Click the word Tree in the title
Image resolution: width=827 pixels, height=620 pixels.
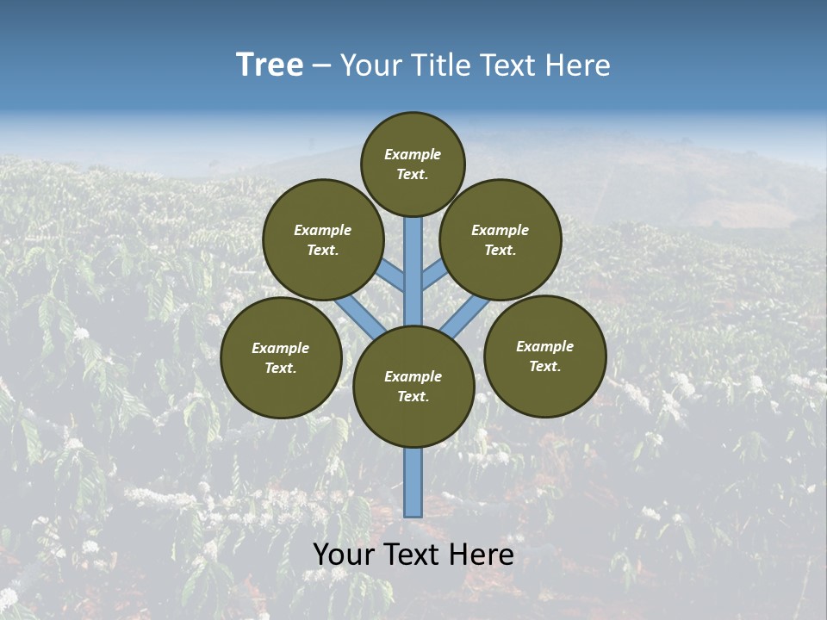point(270,65)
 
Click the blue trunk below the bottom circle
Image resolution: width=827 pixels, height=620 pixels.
point(413,482)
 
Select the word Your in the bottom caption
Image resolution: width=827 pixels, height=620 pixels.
point(344,555)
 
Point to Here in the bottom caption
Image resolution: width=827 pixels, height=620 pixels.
point(482,555)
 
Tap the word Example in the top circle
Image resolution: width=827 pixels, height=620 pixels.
point(413,155)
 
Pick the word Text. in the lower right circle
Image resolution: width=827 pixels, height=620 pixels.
point(544,366)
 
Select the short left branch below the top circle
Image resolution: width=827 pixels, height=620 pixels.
point(392,276)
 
